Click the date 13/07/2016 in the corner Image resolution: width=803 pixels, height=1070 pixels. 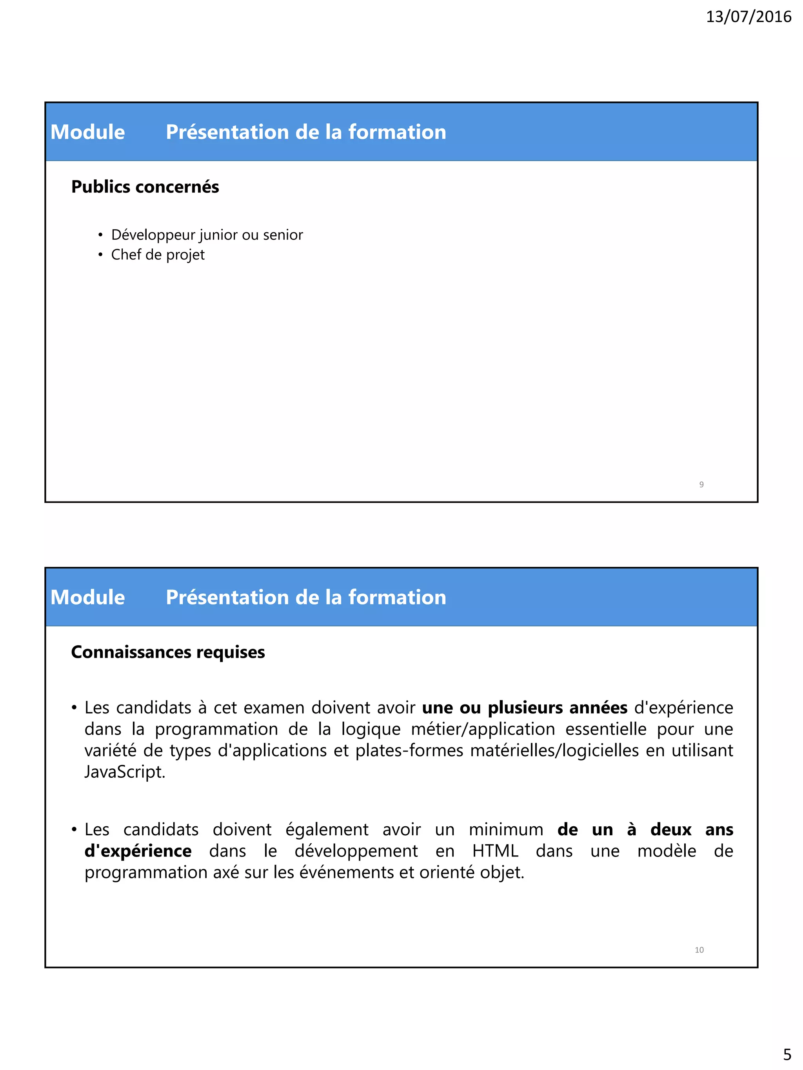click(x=748, y=17)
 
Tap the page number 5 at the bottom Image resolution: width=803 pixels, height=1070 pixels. click(x=787, y=1054)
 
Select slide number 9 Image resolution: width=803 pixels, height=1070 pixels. click(x=701, y=484)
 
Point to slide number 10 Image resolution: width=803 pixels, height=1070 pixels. click(x=699, y=950)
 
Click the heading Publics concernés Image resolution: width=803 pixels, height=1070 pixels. click(x=145, y=187)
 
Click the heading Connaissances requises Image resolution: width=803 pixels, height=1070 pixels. click(x=167, y=652)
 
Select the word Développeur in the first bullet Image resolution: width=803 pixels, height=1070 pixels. click(x=153, y=235)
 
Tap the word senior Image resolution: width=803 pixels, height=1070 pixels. click(x=283, y=235)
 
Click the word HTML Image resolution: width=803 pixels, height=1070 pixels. click(x=495, y=851)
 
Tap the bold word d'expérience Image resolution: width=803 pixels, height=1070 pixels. click(x=138, y=851)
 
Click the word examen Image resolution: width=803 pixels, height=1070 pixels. click(x=274, y=708)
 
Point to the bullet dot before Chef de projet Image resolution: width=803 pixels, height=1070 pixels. click(x=100, y=255)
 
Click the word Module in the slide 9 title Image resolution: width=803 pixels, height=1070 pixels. click(x=87, y=132)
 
